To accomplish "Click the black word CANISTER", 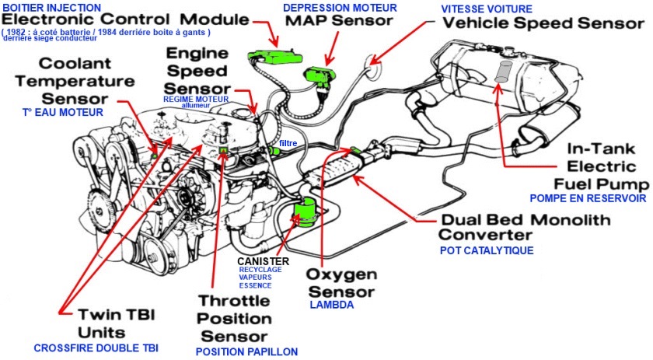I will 263,261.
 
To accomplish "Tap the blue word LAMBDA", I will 331,305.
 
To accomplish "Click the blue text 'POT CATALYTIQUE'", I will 487,251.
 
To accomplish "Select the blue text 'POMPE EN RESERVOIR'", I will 588,199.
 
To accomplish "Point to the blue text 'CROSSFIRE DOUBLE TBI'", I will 96,348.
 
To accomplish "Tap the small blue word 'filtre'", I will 289,144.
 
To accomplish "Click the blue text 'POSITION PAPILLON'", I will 246,351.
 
